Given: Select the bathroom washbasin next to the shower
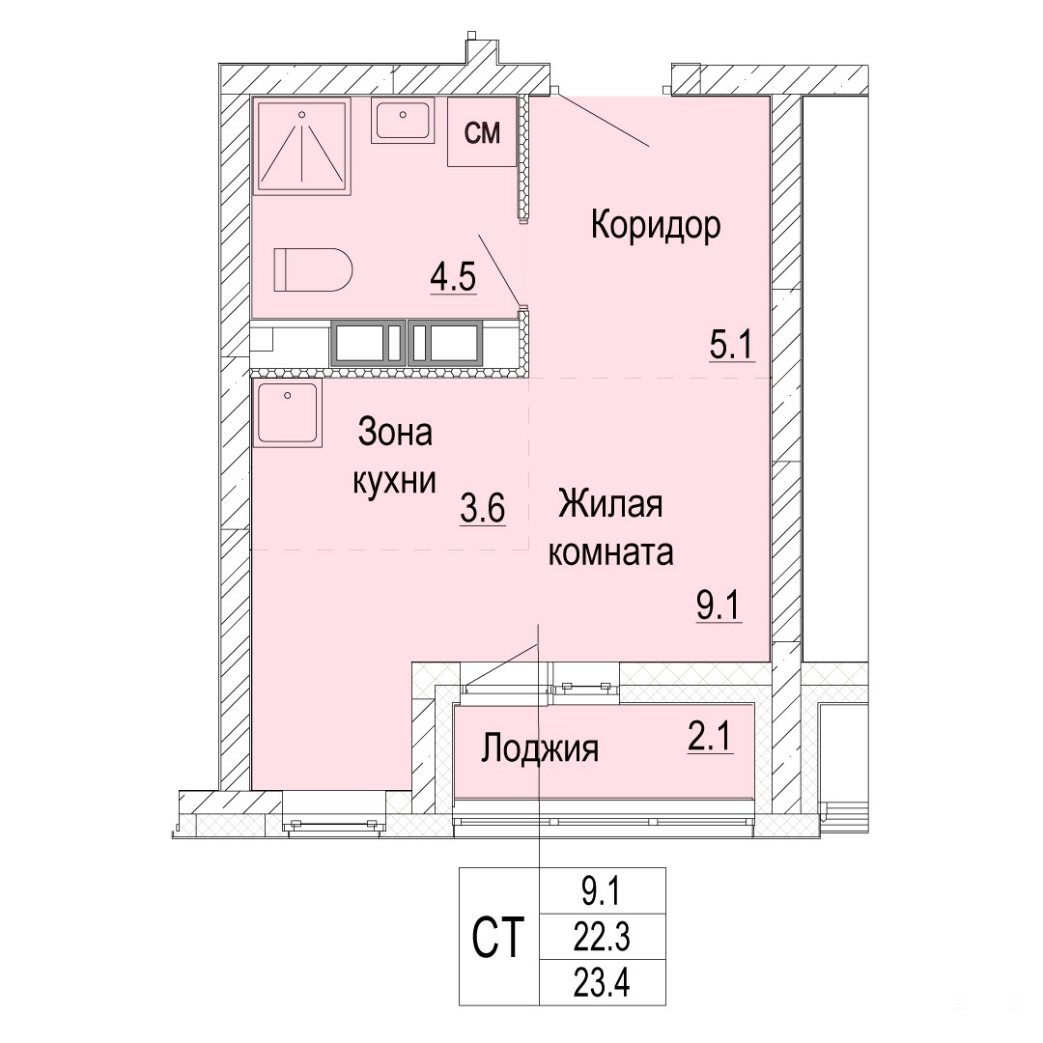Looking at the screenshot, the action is click(403, 121).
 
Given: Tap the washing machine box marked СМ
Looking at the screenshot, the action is click(482, 131).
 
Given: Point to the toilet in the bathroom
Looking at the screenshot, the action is click(313, 269).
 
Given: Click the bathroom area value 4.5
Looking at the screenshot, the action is click(453, 277).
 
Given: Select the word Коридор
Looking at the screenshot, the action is click(655, 225).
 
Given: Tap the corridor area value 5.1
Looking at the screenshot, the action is click(732, 345).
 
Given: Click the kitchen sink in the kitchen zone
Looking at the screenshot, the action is click(288, 412).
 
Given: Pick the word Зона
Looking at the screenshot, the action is click(395, 432).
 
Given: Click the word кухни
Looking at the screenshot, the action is click(394, 480).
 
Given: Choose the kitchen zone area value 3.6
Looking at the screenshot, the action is click(483, 509).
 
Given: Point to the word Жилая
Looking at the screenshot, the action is click(610, 503).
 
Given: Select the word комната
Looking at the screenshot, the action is click(610, 552).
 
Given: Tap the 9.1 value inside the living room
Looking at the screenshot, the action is click(719, 606).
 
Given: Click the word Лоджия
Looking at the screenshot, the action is click(540, 749).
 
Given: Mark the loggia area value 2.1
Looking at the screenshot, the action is click(710, 737).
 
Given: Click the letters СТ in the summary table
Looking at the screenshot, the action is click(498, 937).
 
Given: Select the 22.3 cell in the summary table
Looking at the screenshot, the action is click(602, 937).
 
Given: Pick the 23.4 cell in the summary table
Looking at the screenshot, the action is click(602, 982).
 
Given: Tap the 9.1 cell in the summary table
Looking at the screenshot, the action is click(602, 891).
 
